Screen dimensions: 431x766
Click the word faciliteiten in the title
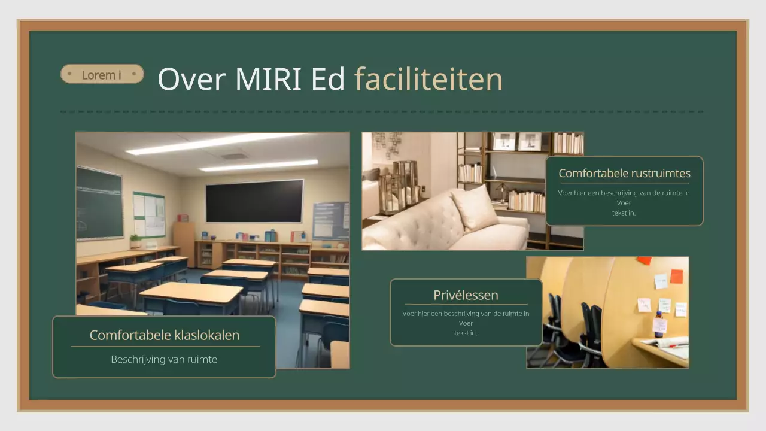[x=428, y=80]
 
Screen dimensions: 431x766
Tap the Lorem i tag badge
[x=102, y=74]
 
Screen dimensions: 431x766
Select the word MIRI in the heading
[x=268, y=80]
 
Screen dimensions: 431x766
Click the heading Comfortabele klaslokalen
[x=164, y=335]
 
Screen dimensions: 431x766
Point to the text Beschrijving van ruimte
[x=164, y=359]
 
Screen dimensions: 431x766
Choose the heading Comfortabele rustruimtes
[x=624, y=174]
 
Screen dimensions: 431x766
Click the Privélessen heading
[x=466, y=295]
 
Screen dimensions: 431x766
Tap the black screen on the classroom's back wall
[x=254, y=201]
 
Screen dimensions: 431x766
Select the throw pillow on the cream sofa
[x=474, y=207]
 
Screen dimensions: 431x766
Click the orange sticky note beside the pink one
[x=676, y=276]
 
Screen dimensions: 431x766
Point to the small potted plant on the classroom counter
[x=136, y=241]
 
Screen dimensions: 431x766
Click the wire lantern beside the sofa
[x=405, y=180]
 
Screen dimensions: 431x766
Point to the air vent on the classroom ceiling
[x=235, y=156]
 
